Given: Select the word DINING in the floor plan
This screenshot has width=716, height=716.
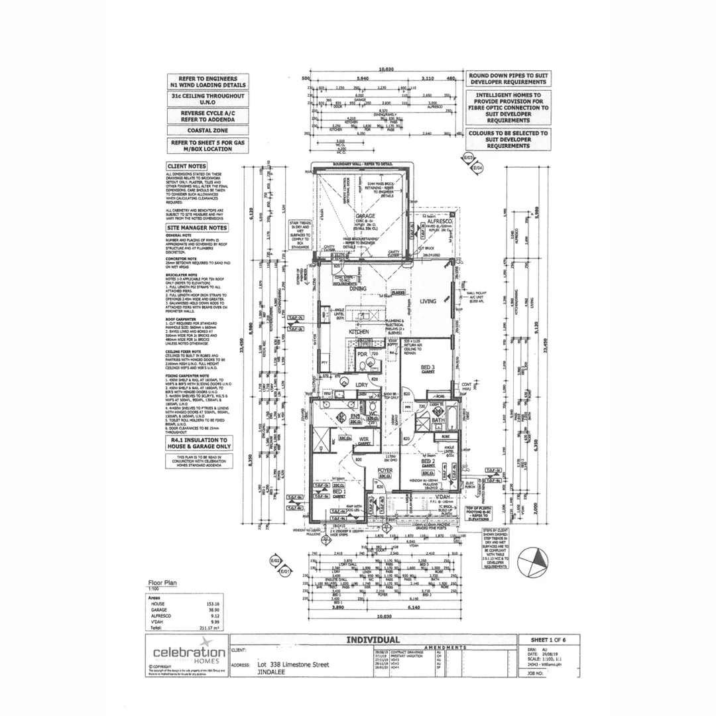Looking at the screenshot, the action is (359, 289).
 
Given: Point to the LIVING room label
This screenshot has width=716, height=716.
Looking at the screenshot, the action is (428, 301).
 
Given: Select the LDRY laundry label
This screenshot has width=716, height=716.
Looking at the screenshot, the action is (361, 385).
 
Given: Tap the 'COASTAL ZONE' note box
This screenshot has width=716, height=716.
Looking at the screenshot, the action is (208, 131).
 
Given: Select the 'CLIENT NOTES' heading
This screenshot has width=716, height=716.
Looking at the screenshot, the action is (187, 167).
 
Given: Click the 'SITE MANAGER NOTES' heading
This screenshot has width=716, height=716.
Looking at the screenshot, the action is (197, 227).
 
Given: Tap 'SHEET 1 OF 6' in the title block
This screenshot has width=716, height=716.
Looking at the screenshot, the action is (544, 639).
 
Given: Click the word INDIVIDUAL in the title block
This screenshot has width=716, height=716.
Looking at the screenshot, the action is (373, 640).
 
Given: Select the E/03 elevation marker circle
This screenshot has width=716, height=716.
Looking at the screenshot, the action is (468, 158).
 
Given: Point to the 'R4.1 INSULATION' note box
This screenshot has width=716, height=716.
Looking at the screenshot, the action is (199, 442).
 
